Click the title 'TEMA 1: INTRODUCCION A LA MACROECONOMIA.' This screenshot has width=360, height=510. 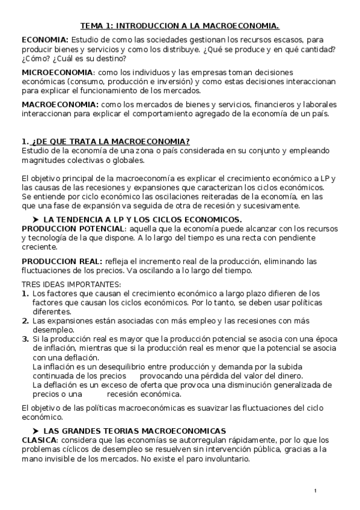tap(180, 26)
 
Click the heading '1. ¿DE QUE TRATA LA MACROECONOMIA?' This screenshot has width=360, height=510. tap(106, 142)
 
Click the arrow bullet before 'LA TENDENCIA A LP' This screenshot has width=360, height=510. tap(35, 220)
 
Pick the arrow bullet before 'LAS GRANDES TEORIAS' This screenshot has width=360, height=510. tap(35, 431)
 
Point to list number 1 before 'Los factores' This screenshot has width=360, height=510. tap(25, 293)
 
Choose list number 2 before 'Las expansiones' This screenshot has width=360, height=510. tap(25, 321)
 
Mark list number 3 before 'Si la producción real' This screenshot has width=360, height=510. tap(25, 339)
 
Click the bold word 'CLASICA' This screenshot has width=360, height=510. tap(39, 440)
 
